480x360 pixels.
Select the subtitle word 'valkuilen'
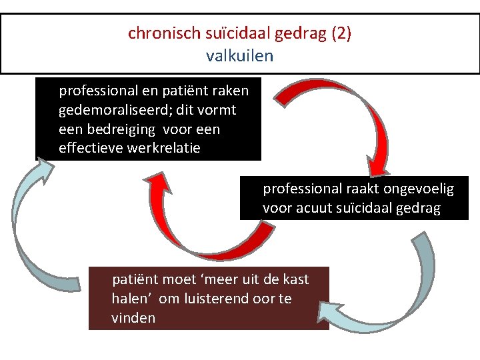240,55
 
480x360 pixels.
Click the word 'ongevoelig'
420,189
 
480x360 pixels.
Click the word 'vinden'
133,318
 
